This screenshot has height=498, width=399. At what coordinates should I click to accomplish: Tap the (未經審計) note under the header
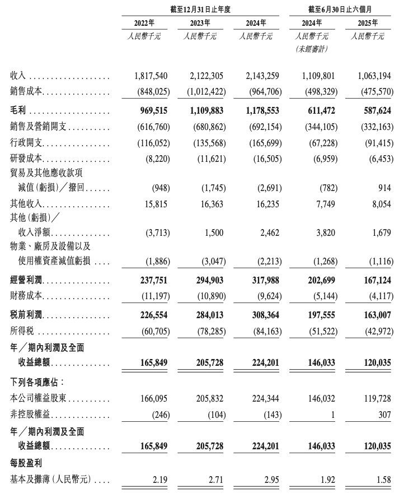click(x=311, y=49)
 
